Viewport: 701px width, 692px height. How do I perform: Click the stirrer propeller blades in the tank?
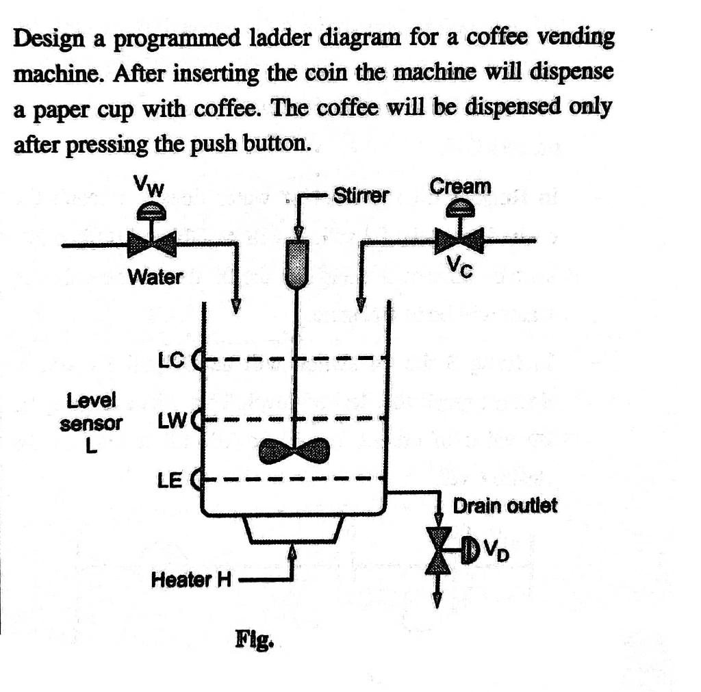(x=295, y=450)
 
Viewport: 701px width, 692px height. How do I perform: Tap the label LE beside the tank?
(x=170, y=481)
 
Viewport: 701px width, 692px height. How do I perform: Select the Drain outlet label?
(x=505, y=506)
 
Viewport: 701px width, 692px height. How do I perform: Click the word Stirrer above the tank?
(x=361, y=196)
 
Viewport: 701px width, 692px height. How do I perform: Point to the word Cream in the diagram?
(x=460, y=186)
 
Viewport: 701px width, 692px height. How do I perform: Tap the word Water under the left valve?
(x=156, y=277)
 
